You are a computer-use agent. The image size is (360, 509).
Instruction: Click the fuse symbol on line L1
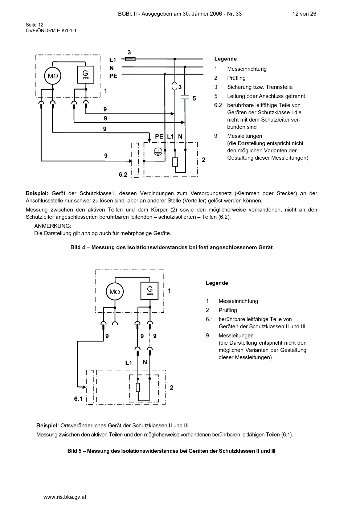click(x=130, y=59)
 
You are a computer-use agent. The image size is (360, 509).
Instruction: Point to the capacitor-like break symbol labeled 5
click(x=185, y=97)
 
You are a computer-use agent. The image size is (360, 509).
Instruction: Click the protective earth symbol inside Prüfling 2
click(x=158, y=152)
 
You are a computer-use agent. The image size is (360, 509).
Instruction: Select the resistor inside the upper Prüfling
click(x=175, y=162)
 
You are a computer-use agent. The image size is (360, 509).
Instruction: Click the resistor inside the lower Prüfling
click(x=138, y=387)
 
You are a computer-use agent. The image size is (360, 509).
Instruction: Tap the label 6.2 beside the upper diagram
click(x=123, y=175)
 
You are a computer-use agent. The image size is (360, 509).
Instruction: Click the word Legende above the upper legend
click(x=225, y=59)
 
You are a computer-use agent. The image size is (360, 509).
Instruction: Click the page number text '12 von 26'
click(x=304, y=14)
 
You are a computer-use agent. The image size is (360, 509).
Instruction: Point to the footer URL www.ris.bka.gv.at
click(x=65, y=497)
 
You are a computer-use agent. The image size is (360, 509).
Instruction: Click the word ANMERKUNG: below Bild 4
click(x=53, y=226)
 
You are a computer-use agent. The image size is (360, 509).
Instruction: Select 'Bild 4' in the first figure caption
click(x=78, y=247)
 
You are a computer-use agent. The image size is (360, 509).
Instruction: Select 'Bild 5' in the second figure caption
click(x=74, y=451)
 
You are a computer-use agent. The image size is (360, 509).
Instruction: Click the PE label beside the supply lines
click(x=113, y=76)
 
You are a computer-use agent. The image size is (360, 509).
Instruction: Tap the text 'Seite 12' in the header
click(x=34, y=25)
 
